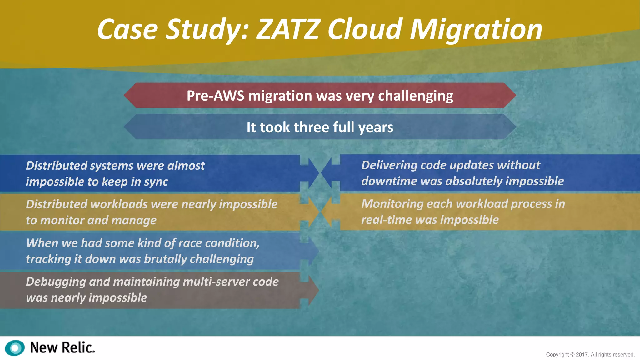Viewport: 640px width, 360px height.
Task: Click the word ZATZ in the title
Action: (x=288, y=29)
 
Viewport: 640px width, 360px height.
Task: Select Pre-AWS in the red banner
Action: (x=215, y=96)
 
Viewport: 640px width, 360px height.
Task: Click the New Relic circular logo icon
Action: (x=15, y=348)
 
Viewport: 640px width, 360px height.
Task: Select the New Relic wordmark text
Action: (x=62, y=347)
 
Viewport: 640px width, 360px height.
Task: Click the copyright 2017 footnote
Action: (x=590, y=354)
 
